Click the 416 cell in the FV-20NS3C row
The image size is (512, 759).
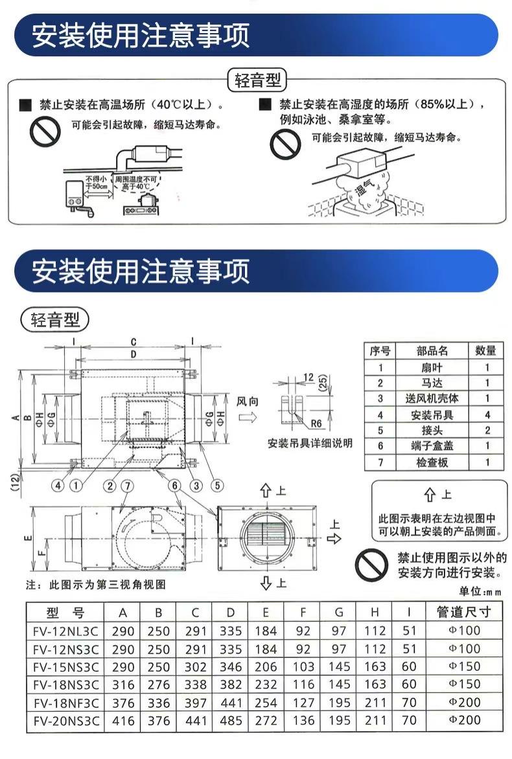coord(123,719)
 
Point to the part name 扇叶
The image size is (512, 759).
coord(432,367)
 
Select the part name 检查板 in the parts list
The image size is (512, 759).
coord(432,462)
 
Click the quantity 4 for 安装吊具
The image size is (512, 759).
coord(487,415)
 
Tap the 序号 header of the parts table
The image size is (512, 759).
coord(380,351)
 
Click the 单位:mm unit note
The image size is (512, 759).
coord(480,591)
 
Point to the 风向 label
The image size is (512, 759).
coord(247,402)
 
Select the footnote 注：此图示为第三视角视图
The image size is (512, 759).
coord(96,584)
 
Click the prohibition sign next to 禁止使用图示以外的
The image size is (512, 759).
coord(372,565)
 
